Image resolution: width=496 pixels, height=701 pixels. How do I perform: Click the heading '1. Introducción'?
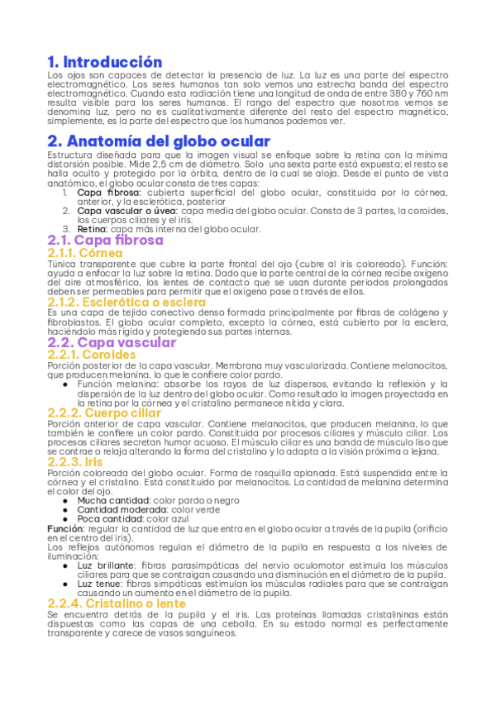click(104, 62)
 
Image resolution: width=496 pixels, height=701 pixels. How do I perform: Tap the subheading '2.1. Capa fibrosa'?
click(105, 241)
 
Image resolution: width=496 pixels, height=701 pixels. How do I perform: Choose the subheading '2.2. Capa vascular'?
click(112, 342)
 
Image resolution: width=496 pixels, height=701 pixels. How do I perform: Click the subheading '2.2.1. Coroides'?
click(92, 355)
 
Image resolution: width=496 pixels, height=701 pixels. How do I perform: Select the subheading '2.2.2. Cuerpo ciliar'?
click(104, 412)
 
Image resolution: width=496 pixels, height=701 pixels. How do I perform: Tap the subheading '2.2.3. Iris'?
click(75, 461)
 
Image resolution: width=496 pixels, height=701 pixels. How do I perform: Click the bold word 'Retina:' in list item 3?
click(93, 228)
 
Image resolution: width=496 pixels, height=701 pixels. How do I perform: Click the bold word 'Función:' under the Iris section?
click(65, 528)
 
